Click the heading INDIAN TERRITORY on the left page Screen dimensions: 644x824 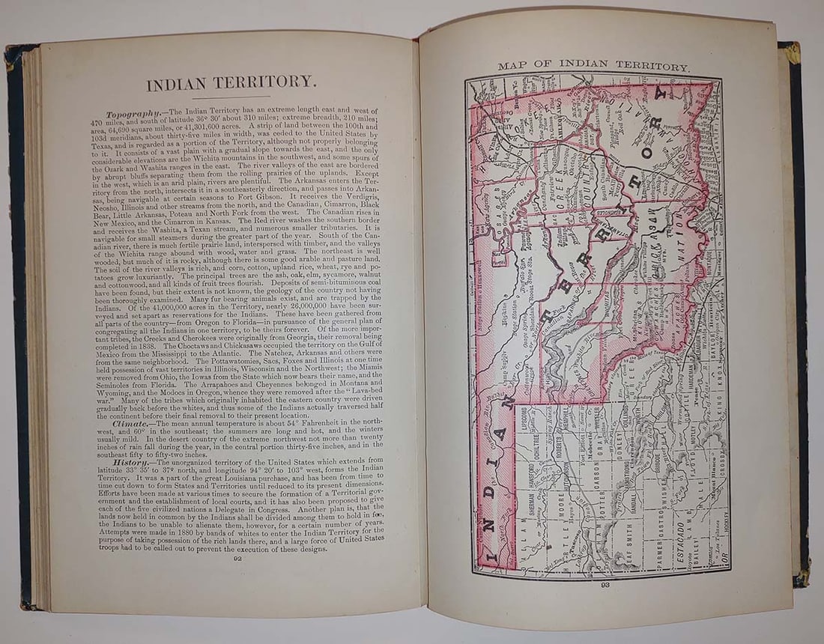click(x=231, y=83)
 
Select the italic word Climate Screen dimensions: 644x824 click(x=125, y=423)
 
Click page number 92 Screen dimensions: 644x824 click(x=237, y=557)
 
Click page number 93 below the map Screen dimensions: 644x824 click(x=605, y=586)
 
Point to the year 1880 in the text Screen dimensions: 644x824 click(x=223, y=532)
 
